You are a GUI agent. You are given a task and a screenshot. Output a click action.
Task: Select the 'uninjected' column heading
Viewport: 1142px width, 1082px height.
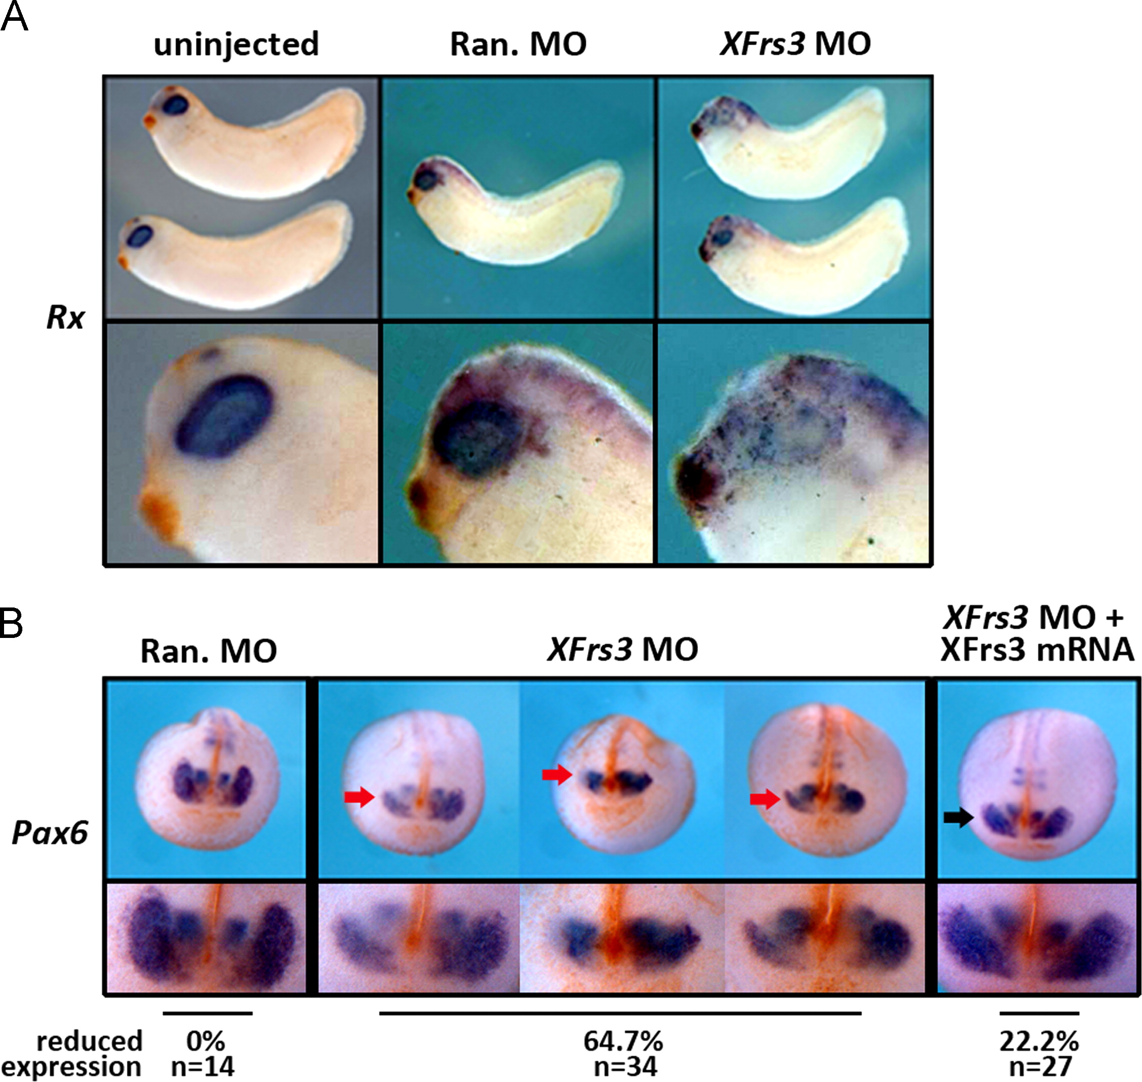coord(236,45)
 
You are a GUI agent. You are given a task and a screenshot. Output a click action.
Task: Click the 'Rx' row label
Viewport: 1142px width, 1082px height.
coord(65,318)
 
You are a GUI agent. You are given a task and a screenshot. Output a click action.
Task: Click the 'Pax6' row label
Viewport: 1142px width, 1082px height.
coord(50,832)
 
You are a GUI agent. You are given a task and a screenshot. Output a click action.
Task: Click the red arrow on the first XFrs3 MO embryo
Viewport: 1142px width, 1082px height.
coord(359,798)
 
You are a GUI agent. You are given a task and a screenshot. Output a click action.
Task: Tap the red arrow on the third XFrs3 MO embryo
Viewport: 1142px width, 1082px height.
coord(765,799)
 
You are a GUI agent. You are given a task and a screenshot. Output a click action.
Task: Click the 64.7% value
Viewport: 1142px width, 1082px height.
coord(622,1041)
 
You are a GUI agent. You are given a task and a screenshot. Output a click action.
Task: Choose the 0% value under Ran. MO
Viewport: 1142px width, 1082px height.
coord(206,1041)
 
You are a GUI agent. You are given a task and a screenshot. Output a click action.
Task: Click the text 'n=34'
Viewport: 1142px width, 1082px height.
coord(625,1066)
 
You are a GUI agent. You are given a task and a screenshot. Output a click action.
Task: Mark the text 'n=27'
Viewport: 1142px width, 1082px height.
coord(1040,1066)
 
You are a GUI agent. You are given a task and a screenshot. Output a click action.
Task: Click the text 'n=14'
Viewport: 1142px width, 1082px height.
coord(203,1066)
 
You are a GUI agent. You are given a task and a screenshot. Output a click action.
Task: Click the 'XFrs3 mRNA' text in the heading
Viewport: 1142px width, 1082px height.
coord(1037,650)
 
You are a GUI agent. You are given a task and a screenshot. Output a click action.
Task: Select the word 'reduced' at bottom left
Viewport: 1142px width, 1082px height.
coord(89,1041)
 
